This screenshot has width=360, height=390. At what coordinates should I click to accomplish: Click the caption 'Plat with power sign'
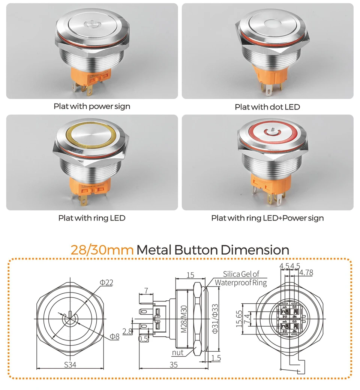[92, 106]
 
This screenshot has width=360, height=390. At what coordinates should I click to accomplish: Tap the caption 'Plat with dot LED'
[267, 107]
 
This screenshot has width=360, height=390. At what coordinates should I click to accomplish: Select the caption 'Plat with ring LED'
[92, 218]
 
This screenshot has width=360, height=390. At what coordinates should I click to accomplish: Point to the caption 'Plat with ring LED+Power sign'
[267, 218]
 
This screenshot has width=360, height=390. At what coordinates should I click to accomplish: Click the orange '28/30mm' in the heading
[102, 250]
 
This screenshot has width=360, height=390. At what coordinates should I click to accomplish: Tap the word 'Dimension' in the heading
[255, 250]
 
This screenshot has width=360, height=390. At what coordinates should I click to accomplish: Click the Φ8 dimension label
[115, 336]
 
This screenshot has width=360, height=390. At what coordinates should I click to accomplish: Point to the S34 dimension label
[70, 364]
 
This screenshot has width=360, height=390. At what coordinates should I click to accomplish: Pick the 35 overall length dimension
[174, 364]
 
